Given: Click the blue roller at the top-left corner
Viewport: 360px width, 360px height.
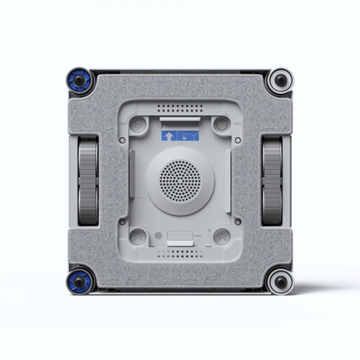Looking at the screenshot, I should pos(80,80).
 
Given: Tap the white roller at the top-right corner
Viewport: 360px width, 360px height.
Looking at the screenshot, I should pos(280,80).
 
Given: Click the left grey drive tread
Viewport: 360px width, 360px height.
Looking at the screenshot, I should pos(88,180).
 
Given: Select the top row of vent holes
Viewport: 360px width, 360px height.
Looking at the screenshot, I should pos(180,108).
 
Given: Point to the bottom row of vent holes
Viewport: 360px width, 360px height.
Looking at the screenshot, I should pos(180,253).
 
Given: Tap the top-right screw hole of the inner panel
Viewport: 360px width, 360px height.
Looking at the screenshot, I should pos(238,140).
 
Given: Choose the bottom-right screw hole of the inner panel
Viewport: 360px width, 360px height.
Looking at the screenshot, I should pos(238,221).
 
